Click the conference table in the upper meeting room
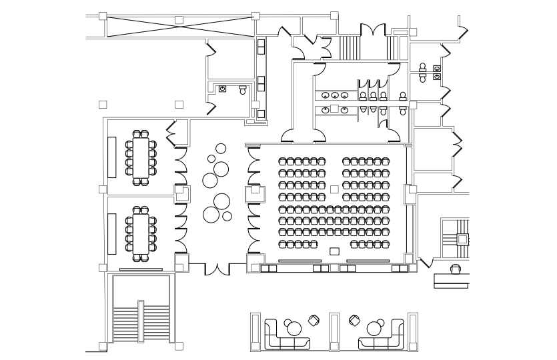(x=141, y=158)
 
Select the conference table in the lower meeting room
(x=141, y=233)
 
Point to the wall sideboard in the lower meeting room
(x=112, y=233)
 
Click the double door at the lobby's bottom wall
(x=217, y=268)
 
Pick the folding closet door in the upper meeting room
(x=171, y=133)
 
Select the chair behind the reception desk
(x=456, y=269)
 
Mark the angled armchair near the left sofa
(x=314, y=321)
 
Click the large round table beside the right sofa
(x=374, y=327)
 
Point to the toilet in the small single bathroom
(x=242, y=88)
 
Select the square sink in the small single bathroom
(x=223, y=88)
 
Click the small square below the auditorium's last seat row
(x=335, y=251)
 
